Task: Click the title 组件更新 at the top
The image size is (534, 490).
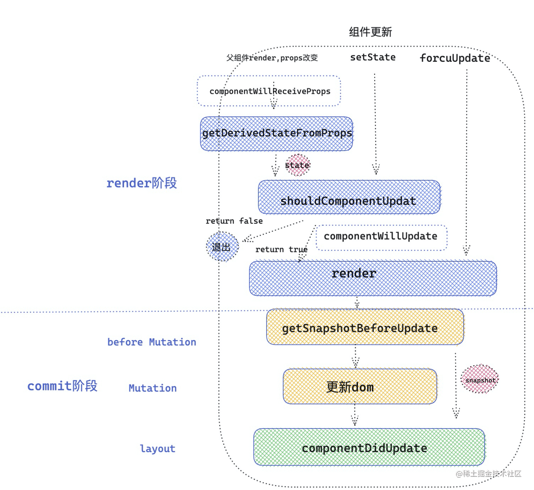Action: point(370,32)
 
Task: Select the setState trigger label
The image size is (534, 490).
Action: point(373,57)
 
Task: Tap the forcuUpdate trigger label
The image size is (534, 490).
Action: point(455,58)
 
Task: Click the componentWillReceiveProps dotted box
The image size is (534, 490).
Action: point(269,91)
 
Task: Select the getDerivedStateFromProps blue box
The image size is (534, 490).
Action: point(276,134)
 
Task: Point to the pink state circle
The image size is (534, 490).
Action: point(298,165)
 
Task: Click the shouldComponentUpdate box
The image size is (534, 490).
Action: point(349,197)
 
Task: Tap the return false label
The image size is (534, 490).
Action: point(234,221)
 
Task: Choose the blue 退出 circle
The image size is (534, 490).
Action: point(222,247)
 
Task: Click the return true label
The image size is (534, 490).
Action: point(281,250)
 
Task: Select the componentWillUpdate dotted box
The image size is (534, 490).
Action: point(381,237)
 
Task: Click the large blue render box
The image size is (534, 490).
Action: point(373,278)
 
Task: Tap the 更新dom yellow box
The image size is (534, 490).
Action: point(360,386)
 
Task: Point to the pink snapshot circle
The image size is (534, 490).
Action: point(480,379)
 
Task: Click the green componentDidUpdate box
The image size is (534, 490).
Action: point(369,447)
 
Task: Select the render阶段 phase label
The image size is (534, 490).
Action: point(141,183)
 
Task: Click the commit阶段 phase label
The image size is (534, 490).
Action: point(62,386)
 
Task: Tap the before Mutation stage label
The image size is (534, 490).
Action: point(152,342)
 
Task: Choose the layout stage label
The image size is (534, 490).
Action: point(157,449)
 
